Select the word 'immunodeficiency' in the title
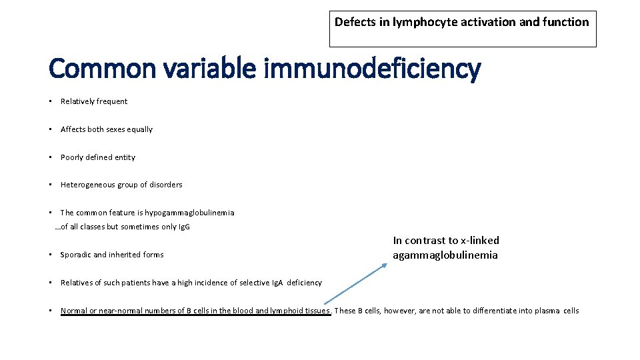373,68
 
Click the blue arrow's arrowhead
385,265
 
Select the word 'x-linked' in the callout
480,240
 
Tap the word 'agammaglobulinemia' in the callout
445,255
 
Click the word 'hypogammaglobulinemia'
189,213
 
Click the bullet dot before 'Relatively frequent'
51,101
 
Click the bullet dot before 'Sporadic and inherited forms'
51,255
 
